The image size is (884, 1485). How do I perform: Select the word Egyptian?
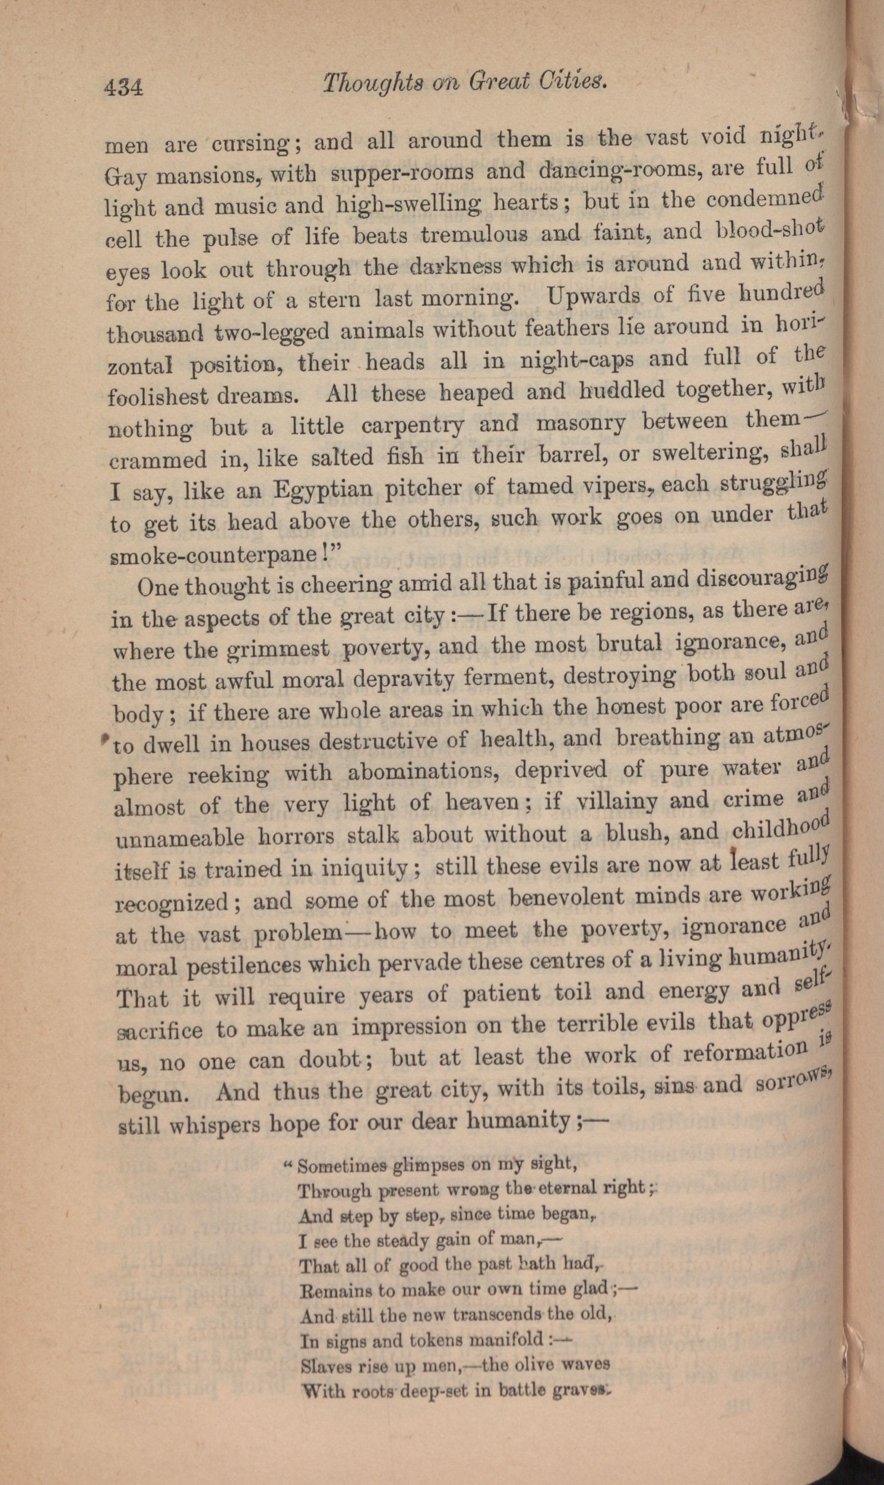(323, 490)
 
